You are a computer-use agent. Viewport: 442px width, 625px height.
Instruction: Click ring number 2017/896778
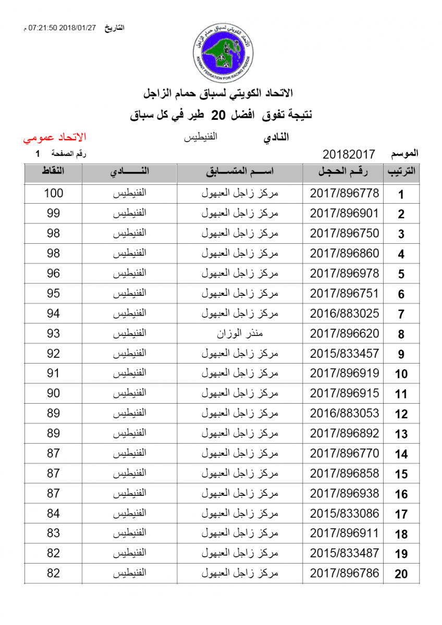pyautogui.click(x=345, y=193)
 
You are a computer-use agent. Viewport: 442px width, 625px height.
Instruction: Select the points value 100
pyautogui.click(x=53, y=193)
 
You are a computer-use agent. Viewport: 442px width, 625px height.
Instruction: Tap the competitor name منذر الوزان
pyautogui.click(x=240, y=333)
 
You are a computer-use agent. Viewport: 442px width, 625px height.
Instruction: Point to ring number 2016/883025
pyautogui.click(x=345, y=314)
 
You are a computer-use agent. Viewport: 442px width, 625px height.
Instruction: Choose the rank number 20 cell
pyautogui.click(x=401, y=574)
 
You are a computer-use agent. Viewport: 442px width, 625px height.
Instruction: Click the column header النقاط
pyautogui.click(x=53, y=172)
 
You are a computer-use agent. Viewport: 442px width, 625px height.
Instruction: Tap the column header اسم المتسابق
pyautogui.click(x=240, y=172)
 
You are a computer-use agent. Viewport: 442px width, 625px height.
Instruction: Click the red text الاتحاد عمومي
pyautogui.click(x=54, y=137)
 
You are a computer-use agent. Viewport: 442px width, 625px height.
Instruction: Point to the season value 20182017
pyautogui.click(x=349, y=154)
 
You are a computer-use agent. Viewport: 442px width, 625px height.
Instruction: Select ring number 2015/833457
pyautogui.click(x=345, y=354)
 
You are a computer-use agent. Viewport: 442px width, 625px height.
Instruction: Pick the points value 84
pyautogui.click(x=53, y=514)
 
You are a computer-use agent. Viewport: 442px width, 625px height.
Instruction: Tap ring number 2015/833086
pyautogui.click(x=345, y=514)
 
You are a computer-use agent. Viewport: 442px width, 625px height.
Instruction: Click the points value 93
pyautogui.click(x=53, y=333)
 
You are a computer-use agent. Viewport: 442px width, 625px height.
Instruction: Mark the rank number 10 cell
pyautogui.click(x=401, y=374)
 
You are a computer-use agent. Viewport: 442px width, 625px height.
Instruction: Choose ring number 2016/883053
pyautogui.click(x=345, y=414)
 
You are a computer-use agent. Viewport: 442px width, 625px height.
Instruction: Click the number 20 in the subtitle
pyautogui.click(x=221, y=115)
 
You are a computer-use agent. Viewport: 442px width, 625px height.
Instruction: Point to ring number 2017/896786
pyautogui.click(x=345, y=573)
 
